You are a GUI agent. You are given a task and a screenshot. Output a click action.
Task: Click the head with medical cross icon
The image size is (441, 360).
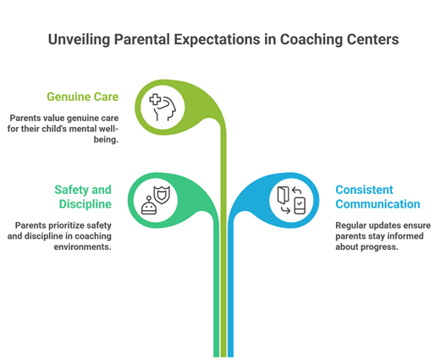163,108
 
